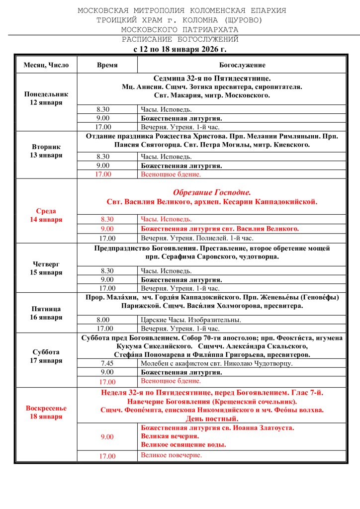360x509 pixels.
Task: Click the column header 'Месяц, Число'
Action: click(x=46, y=65)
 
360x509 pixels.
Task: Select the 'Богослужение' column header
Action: click(x=242, y=65)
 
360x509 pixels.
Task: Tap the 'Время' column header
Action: click(x=107, y=65)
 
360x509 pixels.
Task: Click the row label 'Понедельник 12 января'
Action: click(x=46, y=98)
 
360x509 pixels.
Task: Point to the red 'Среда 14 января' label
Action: click(x=46, y=215)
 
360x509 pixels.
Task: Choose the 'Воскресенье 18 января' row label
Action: click(x=46, y=412)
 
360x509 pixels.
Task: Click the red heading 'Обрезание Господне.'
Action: click(x=212, y=192)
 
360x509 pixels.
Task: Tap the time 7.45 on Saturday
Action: click(x=107, y=363)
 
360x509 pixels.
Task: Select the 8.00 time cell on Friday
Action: click(x=107, y=320)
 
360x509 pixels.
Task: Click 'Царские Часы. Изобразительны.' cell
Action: click(x=191, y=320)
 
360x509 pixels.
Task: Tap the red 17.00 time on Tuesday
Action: click(x=107, y=174)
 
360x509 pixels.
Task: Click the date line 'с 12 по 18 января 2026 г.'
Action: click(x=180, y=49)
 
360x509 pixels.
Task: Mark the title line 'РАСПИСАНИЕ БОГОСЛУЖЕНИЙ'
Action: click(x=180, y=39)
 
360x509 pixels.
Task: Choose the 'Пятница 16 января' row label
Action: click(x=46, y=313)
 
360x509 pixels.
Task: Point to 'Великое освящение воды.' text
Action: click(x=183, y=445)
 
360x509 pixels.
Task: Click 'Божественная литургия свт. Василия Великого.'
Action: click(x=220, y=229)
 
